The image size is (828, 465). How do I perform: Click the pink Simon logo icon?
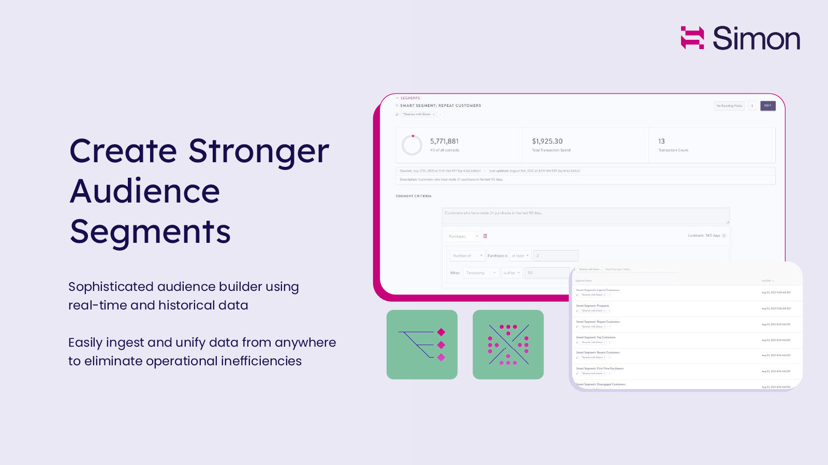tap(692, 38)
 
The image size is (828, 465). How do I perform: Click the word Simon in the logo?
tap(756, 38)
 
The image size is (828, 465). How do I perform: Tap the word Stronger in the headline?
tap(259, 151)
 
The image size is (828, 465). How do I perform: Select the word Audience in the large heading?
tap(145, 191)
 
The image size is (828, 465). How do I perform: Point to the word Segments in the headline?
tap(150, 231)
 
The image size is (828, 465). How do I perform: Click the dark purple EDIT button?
tap(767, 106)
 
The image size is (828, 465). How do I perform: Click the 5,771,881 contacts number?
tap(444, 141)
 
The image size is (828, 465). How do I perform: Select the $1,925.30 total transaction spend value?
tap(547, 141)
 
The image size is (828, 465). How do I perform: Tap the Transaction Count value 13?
tap(661, 141)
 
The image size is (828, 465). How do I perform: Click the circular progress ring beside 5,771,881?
tap(412, 145)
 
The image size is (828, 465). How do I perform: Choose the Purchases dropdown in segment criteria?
tap(463, 236)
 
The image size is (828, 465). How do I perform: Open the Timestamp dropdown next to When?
tap(481, 273)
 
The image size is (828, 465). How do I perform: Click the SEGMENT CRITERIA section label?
tap(413, 196)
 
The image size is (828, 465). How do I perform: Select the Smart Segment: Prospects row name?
tap(593, 306)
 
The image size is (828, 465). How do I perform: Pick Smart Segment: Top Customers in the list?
tap(596, 337)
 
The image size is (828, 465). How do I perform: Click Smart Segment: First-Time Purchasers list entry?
tap(600, 368)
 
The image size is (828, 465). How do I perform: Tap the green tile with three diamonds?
tap(422, 345)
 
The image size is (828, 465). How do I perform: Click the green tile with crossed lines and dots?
tap(508, 345)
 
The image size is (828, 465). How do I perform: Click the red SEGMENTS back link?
tap(409, 98)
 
